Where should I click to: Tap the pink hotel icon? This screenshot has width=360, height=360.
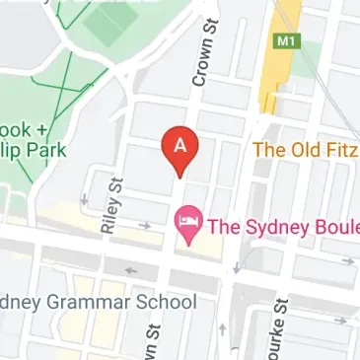coord(184,222)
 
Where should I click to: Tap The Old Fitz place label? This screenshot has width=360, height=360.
coord(307,150)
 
